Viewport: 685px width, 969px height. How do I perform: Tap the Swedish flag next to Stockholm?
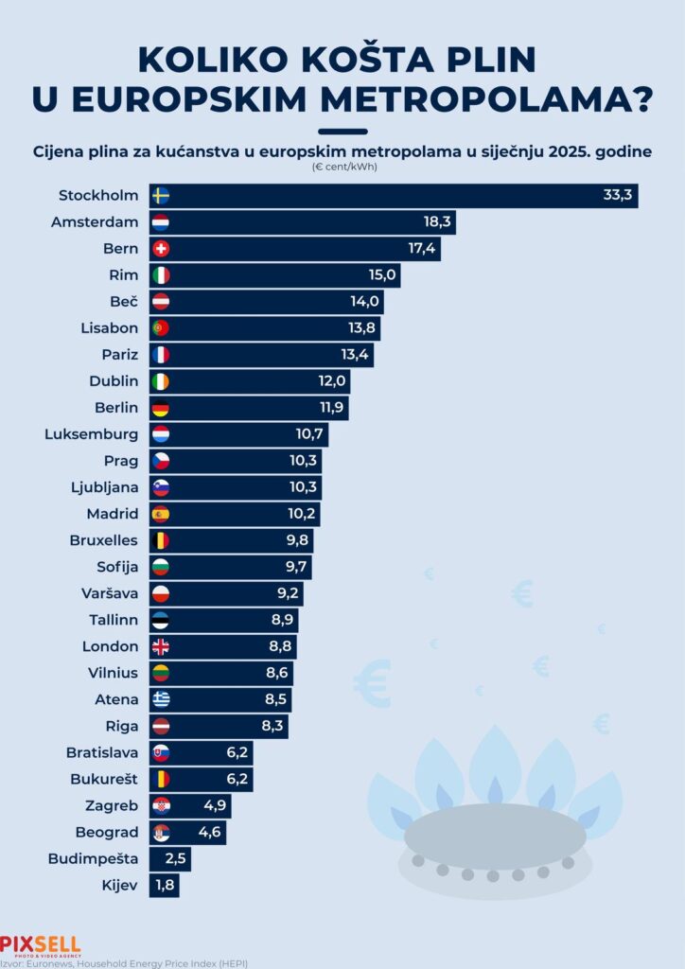(161, 196)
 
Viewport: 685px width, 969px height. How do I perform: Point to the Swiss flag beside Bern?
(161, 249)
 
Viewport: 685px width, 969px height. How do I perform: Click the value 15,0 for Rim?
(380, 275)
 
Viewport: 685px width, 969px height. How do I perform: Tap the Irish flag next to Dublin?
(161, 381)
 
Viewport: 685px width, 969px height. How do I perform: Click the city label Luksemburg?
(92, 434)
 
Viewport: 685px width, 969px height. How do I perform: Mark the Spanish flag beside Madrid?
(161, 514)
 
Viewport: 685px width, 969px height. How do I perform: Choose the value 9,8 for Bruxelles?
(293, 540)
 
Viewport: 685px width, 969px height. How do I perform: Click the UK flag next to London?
(161, 646)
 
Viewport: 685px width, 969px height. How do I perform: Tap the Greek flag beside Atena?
(161, 699)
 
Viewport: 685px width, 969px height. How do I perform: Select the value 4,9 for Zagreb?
(213, 805)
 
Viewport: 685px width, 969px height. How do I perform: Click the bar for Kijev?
(165, 885)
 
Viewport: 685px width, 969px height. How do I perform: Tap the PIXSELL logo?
(40, 945)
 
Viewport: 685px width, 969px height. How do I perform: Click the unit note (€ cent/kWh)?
(342, 167)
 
